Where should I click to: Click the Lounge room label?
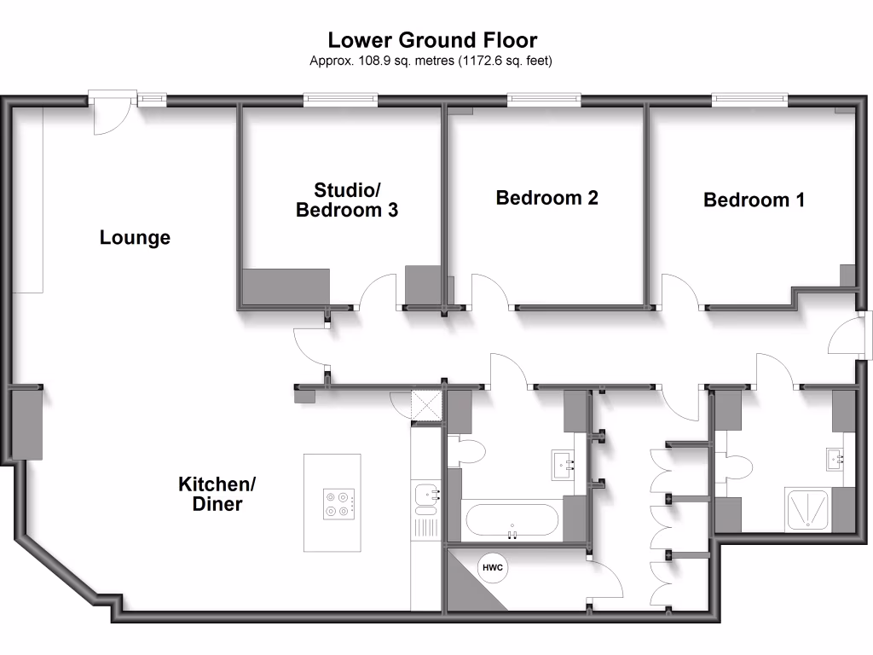[x=135, y=238]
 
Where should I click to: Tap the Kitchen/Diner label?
[x=217, y=495]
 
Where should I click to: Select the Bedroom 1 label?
[x=754, y=200]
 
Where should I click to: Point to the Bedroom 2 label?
[x=546, y=198]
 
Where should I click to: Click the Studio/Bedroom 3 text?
[x=346, y=200]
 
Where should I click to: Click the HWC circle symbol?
[x=492, y=568]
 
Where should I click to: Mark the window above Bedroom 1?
[x=750, y=101]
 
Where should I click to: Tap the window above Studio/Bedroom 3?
[x=340, y=101]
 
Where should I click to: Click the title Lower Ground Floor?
[x=432, y=39]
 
